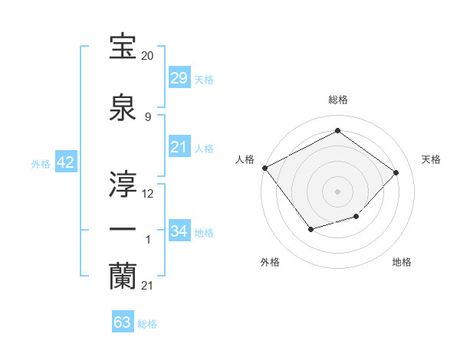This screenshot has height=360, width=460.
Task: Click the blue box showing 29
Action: (179, 78)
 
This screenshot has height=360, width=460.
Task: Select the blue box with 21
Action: (179, 147)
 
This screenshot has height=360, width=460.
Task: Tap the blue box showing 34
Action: (179, 231)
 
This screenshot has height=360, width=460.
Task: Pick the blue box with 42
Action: (65, 162)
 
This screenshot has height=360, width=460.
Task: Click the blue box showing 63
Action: (123, 322)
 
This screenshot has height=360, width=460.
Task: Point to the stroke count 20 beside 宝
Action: (147, 56)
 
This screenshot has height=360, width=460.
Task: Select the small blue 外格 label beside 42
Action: (41, 163)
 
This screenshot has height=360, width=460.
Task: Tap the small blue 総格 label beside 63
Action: (147, 324)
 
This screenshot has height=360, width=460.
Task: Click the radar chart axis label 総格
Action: (337, 100)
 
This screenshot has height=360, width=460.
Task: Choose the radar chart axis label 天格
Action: (431, 159)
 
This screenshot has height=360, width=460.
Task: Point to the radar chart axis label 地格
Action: (402, 262)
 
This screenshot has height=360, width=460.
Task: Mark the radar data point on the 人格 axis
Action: (264, 168)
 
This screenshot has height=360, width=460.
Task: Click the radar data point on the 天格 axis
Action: (396, 172)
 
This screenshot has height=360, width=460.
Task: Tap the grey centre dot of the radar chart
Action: (337, 191)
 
